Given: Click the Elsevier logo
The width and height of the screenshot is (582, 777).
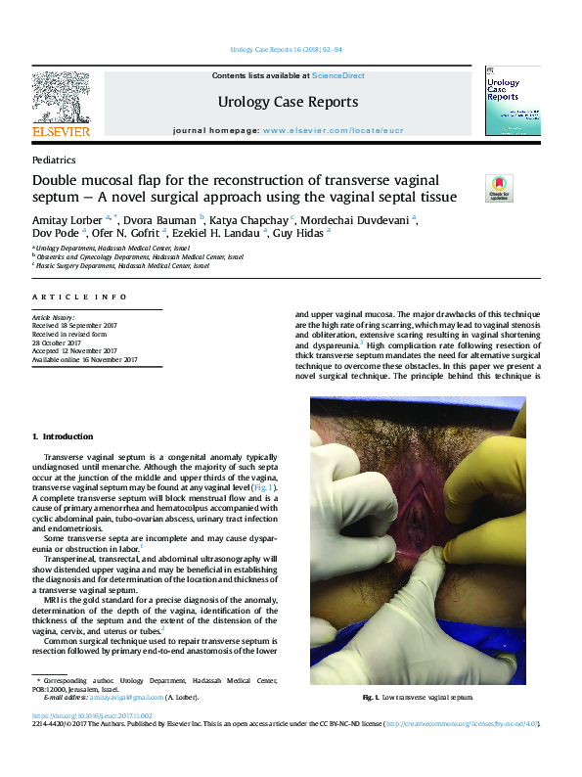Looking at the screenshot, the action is [x=61, y=105].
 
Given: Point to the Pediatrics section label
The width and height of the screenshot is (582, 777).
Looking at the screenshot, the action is [x=54, y=160].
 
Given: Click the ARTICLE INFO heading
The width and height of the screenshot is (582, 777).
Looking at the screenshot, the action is [x=79, y=297].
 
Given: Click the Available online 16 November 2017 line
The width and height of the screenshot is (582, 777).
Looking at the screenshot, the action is [x=84, y=360].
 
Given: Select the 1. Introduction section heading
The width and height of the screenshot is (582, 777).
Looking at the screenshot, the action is [x=62, y=436].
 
